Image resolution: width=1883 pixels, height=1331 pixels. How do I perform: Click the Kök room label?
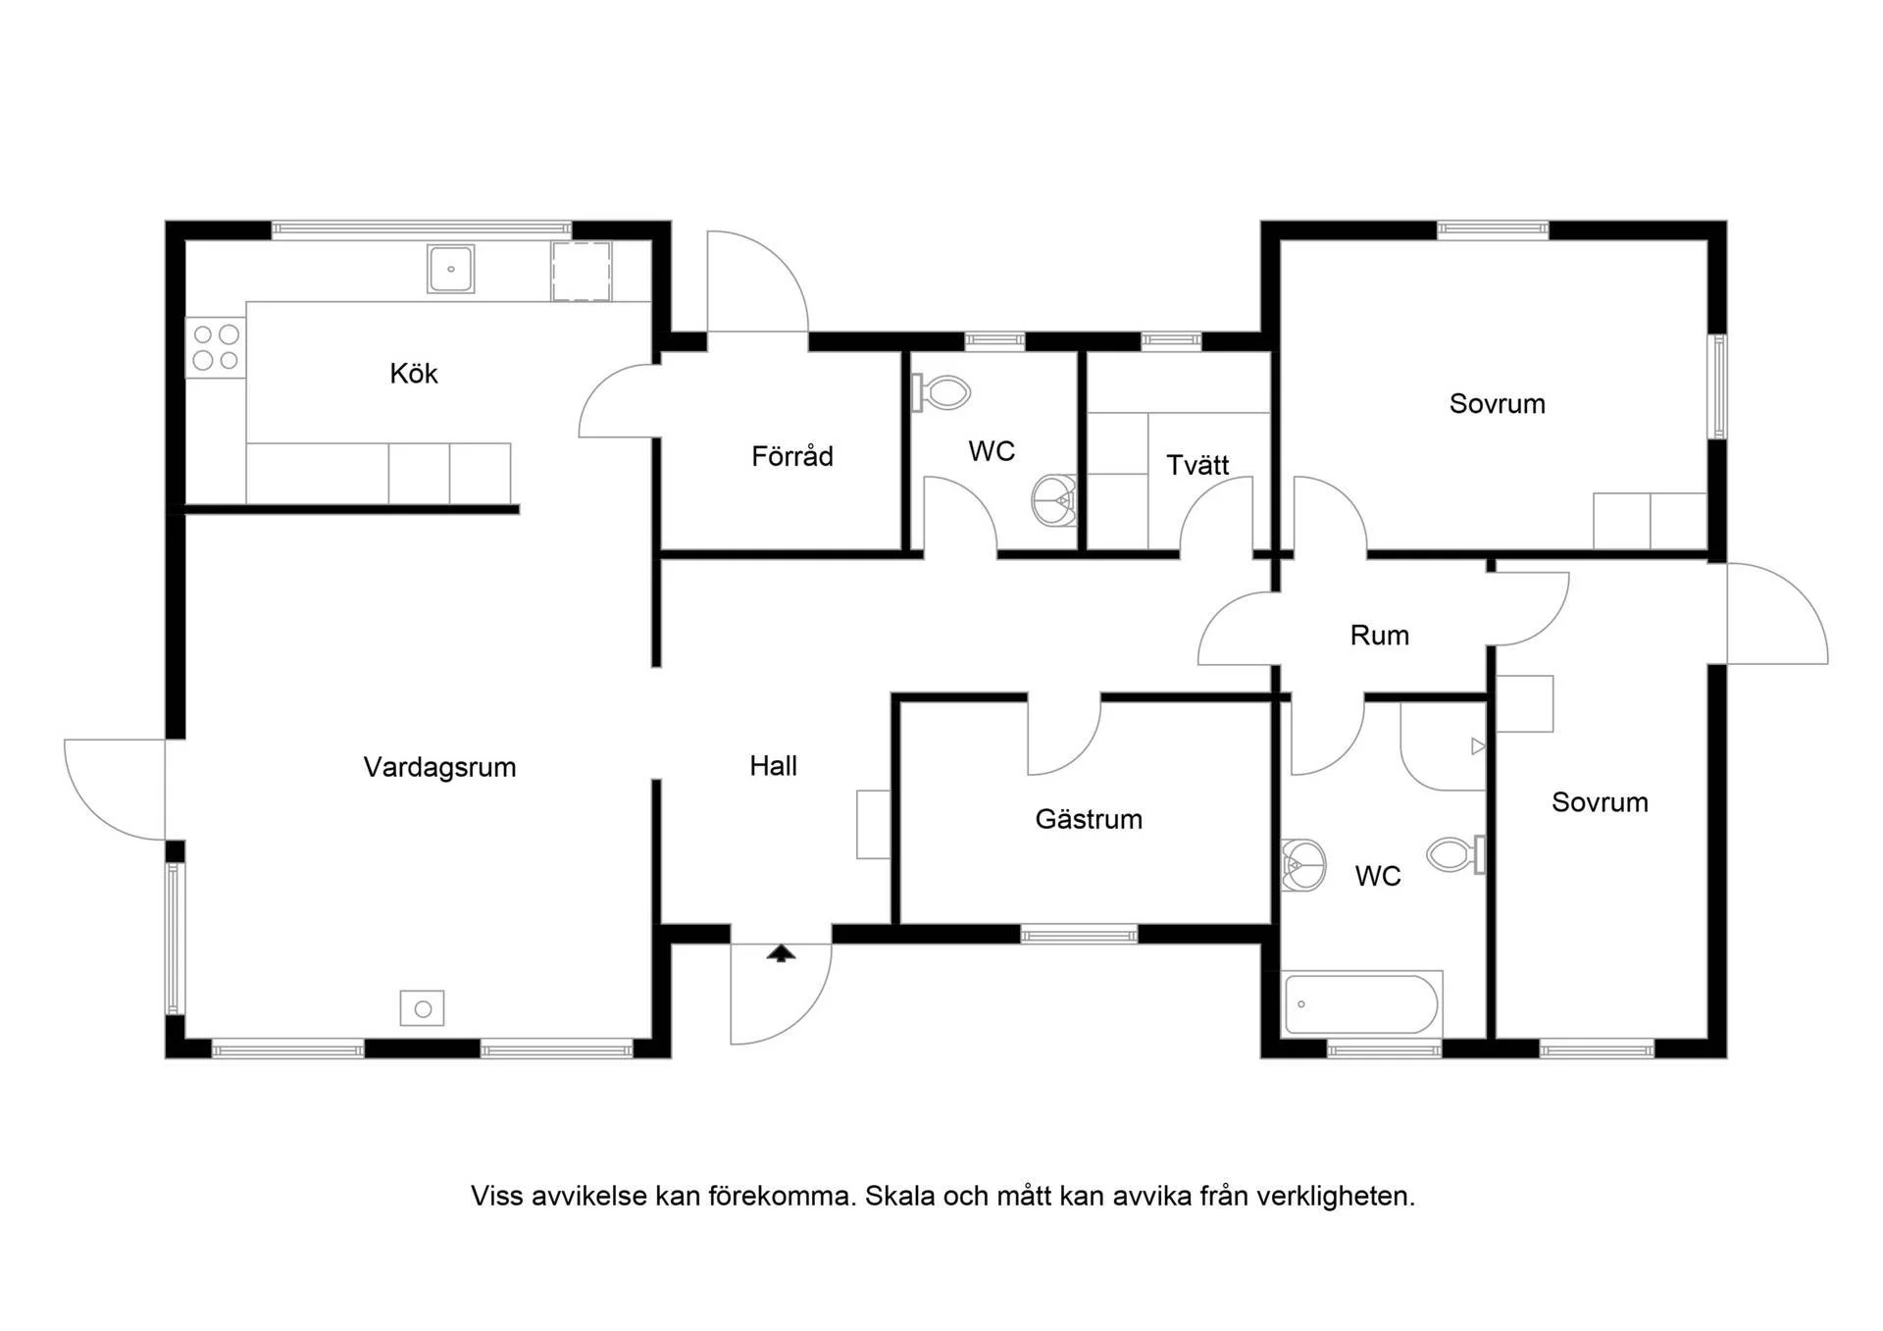(x=413, y=374)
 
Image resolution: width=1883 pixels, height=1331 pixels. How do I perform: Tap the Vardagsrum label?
(x=439, y=767)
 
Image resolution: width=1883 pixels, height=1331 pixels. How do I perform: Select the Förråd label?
(x=792, y=455)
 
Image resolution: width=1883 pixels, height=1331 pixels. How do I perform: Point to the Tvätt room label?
(x=1197, y=465)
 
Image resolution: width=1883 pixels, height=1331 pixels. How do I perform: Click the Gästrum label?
(x=1089, y=819)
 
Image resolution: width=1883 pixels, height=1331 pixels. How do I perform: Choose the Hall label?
(x=773, y=766)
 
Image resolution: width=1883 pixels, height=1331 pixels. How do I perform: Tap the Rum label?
(x=1379, y=636)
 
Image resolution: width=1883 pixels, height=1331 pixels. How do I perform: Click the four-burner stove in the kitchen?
(x=216, y=347)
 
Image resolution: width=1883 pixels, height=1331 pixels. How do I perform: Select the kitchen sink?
(x=451, y=269)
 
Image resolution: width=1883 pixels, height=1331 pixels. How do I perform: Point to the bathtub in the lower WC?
(x=1361, y=1003)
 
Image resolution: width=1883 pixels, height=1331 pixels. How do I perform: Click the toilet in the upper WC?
(x=941, y=393)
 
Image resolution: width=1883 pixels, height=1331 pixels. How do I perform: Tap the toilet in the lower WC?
(x=1456, y=854)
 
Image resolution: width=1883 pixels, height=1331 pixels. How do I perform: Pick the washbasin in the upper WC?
(x=1054, y=500)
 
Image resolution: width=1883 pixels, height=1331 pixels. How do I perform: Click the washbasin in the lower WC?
(x=1303, y=865)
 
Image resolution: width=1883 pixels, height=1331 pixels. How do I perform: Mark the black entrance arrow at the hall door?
(x=781, y=953)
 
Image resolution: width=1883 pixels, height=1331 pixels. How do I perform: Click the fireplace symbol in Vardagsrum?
(x=423, y=1008)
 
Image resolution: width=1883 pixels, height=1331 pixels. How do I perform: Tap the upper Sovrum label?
(x=1497, y=404)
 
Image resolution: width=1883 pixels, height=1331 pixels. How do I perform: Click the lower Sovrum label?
(x=1600, y=802)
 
